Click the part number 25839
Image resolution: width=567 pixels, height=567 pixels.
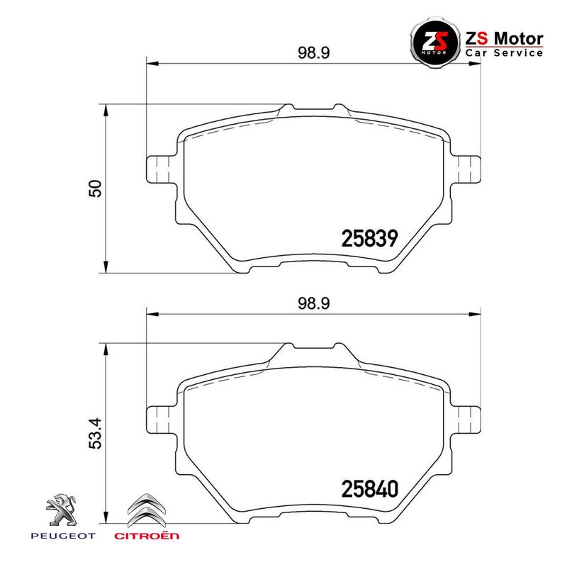coord(369,239)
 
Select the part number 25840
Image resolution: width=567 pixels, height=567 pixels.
coord(369,489)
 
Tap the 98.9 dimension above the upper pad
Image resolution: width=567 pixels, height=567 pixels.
coord(314,52)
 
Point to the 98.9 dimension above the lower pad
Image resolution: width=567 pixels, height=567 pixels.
coord(314,303)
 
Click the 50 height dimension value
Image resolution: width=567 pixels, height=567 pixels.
coord(95,188)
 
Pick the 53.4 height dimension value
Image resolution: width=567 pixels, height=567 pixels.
coord(95,434)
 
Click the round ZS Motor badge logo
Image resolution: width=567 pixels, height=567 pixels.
coord(435,42)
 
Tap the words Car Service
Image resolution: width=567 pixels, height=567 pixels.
coord(504,52)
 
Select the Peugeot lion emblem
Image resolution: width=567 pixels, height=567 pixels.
coord(62,510)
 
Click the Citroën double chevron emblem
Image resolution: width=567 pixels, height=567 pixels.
coord(147,510)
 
